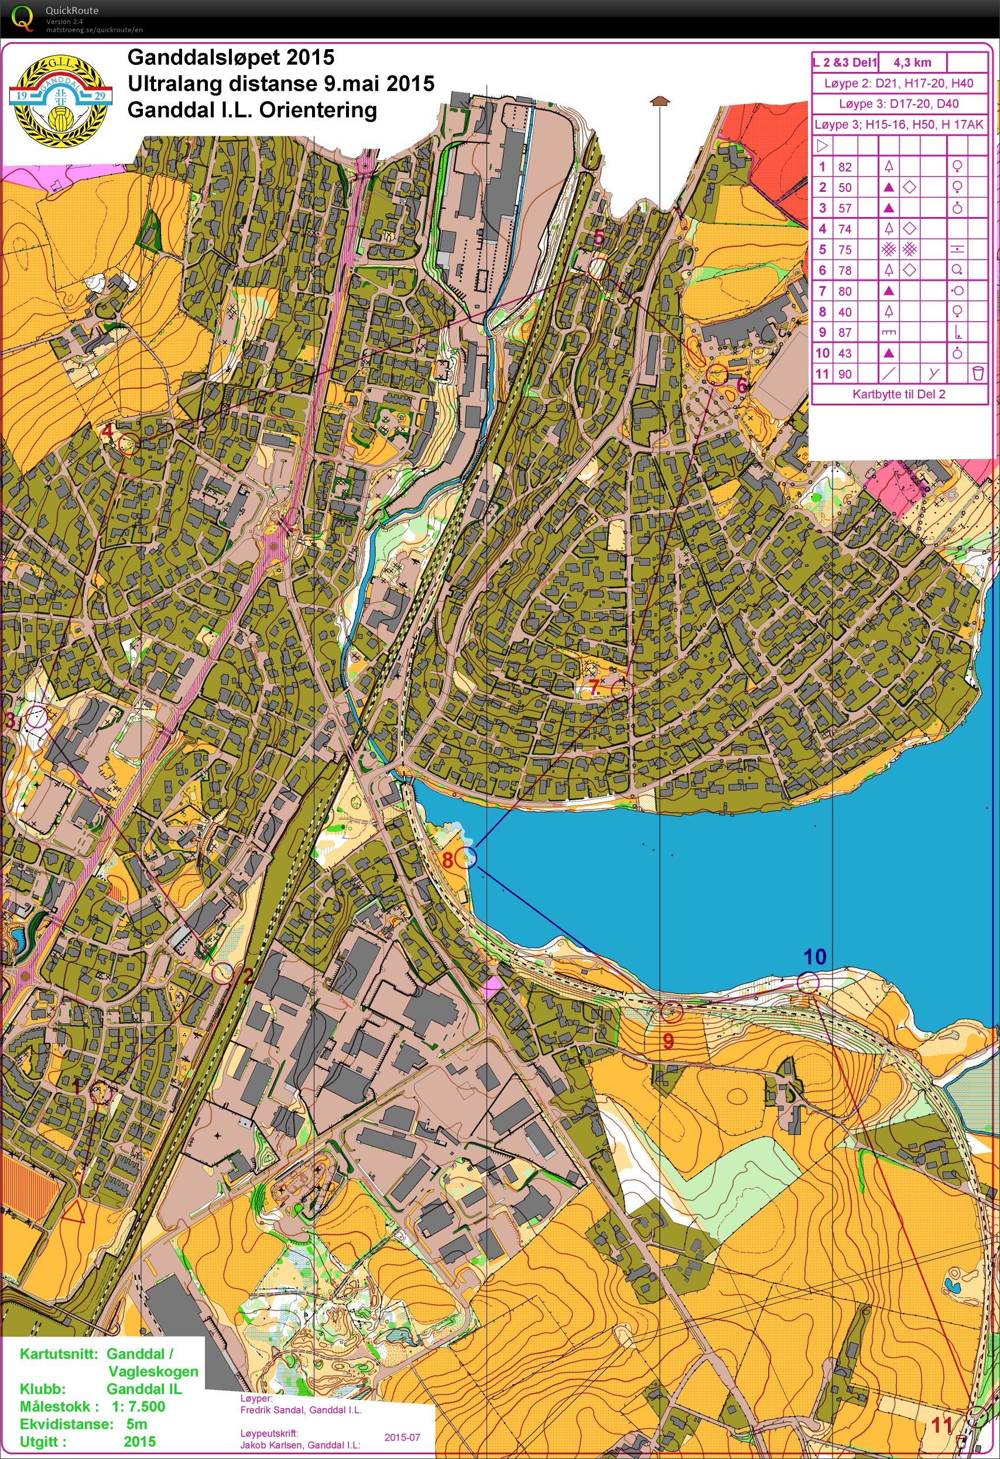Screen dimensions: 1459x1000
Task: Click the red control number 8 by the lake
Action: pos(448,859)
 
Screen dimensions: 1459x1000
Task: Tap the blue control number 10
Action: pos(815,956)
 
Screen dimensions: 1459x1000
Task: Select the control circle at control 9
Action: pos(672,1011)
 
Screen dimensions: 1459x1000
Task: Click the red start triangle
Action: pos(76,1210)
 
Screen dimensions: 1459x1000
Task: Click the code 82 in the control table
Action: pos(845,166)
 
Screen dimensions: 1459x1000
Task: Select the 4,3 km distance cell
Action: pos(910,63)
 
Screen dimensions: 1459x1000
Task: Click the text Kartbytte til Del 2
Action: pos(898,394)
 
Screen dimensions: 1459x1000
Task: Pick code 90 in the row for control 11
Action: pos(845,374)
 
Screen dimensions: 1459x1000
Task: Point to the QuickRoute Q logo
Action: pos(23,18)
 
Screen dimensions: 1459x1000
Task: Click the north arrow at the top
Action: pos(658,101)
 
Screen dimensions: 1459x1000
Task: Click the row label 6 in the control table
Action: pos(822,270)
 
